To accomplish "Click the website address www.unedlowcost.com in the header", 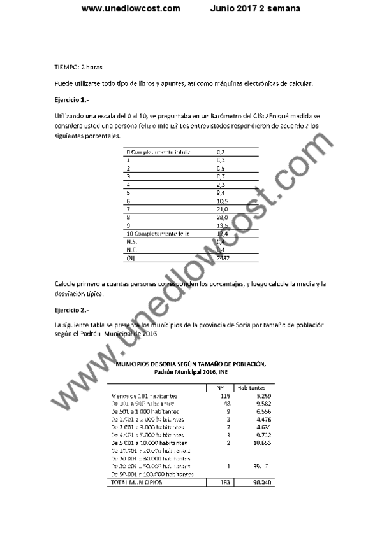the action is pyautogui.click(x=131, y=9).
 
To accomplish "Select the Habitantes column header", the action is pyautogui.click(x=251, y=387).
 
